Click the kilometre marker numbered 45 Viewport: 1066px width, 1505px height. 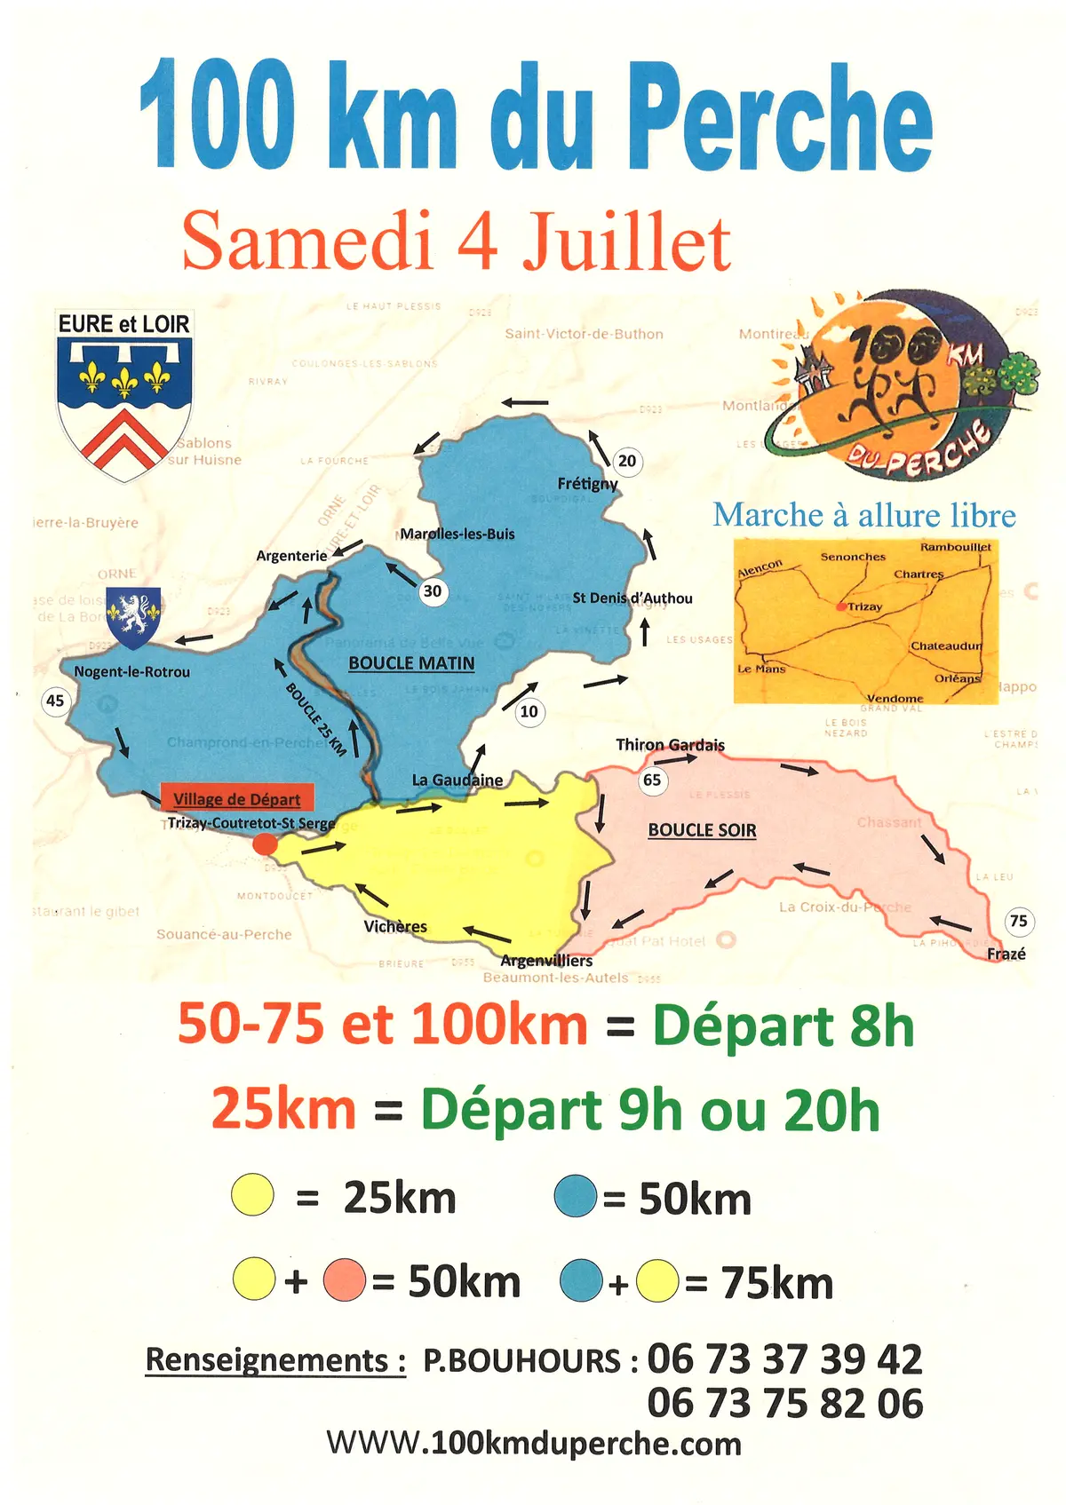coord(55,701)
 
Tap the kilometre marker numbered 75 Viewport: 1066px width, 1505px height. coord(1018,921)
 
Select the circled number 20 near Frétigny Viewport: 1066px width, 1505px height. coord(627,461)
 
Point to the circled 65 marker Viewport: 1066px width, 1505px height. coord(652,780)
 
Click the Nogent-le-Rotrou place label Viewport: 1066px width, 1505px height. coord(131,672)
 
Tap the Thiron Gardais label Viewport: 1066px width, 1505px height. coord(670,745)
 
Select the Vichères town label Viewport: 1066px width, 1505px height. coord(395,927)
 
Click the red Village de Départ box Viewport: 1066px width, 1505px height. coord(236,798)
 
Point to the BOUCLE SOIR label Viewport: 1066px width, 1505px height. coord(702,830)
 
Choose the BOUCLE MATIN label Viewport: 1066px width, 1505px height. coord(411,663)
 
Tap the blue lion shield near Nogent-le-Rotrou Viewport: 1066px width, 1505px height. coord(133,616)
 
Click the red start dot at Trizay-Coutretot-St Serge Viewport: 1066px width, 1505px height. coord(265,844)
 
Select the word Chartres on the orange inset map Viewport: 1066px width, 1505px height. coord(919,574)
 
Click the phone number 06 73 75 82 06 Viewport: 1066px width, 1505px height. coord(785,1404)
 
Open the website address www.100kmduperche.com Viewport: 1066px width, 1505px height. coord(534,1444)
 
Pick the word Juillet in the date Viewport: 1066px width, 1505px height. coord(626,242)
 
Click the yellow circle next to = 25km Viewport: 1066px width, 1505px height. coord(253,1195)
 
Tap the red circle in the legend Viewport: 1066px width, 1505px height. coord(345,1280)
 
